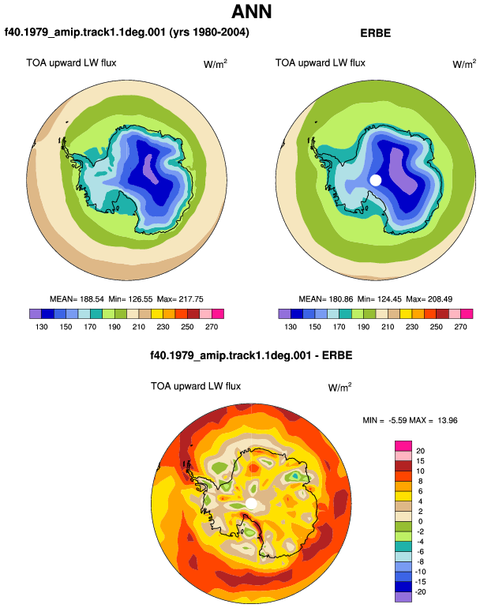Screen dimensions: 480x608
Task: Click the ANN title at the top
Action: pos(252,12)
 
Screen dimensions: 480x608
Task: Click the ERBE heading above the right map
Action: pos(375,33)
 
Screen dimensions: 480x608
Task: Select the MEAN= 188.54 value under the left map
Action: pos(77,299)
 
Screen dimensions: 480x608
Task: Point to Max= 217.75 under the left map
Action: pos(180,299)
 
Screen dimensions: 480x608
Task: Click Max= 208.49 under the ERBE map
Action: pos(429,299)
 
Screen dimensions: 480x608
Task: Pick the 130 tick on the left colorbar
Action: pos(42,327)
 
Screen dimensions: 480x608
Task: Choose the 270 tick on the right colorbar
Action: pos(460,327)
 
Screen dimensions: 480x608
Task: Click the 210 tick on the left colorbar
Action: pos(138,327)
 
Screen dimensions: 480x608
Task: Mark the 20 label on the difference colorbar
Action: pos(420,451)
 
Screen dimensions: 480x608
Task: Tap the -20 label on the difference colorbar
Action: pos(420,592)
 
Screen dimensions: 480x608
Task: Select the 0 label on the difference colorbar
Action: pos(420,521)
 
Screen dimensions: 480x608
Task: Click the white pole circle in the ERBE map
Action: pos(376,180)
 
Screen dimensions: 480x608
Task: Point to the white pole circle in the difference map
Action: pos(251,504)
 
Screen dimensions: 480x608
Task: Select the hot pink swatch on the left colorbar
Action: pos(218,313)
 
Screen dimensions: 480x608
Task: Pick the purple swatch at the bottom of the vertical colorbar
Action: pos(403,597)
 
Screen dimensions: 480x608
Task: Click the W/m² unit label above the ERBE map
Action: pos(464,64)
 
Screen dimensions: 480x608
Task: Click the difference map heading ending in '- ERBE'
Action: pos(251,355)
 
